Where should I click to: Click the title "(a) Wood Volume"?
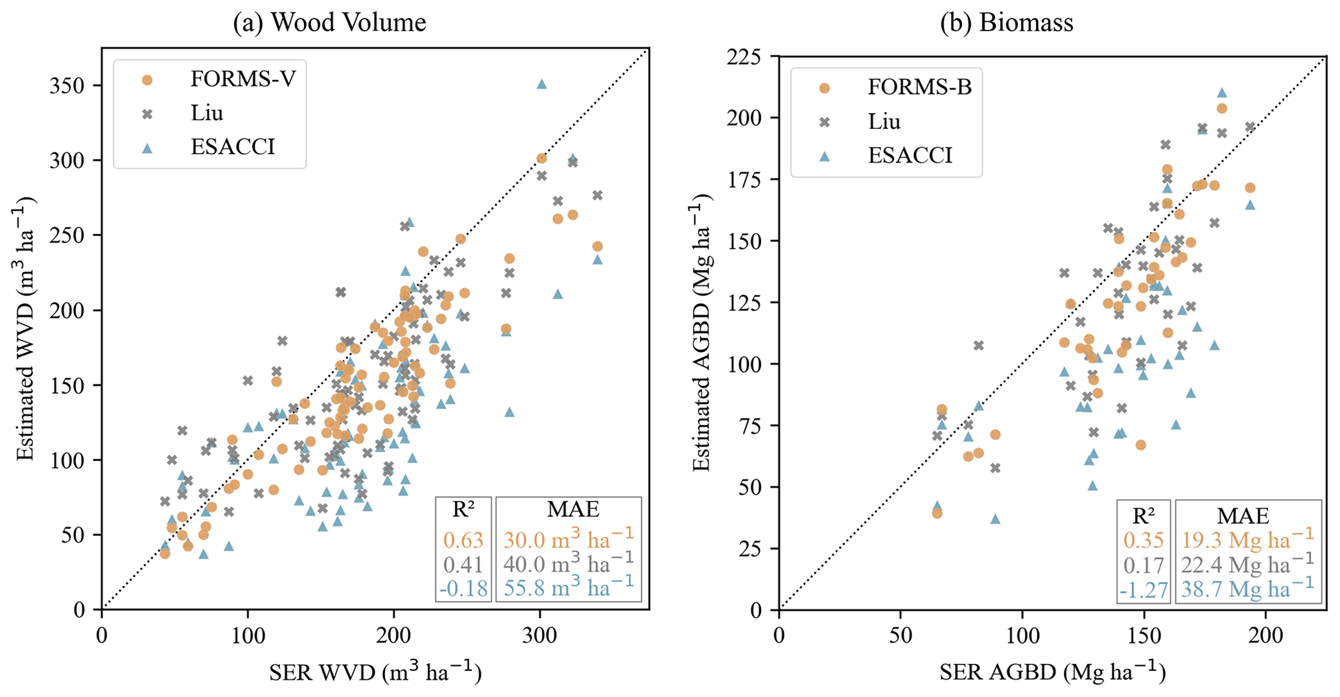[329, 23]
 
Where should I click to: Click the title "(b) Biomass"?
[1007, 23]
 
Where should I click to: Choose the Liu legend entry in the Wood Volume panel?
[207, 113]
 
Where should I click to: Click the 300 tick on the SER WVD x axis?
[540, 635]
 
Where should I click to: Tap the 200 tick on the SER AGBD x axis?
[1265, 635]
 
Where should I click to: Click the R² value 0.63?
[463, 540]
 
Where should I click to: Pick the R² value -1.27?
[1143, 590]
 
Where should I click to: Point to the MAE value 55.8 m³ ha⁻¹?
[568, 587]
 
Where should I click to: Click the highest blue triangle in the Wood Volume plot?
[542, 84]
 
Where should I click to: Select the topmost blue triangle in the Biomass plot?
[1222, 93]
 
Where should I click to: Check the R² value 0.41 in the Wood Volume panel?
[463, 565]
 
